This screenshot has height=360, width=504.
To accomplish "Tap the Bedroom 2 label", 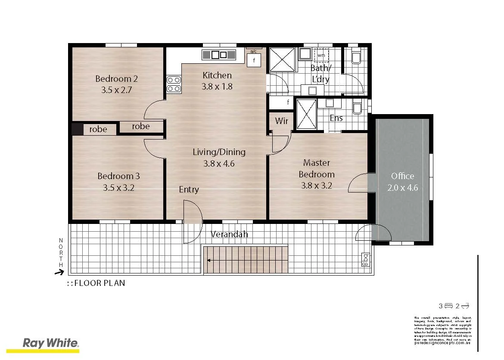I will [116, 79].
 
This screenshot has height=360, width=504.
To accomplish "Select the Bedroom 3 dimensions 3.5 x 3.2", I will [118, 188].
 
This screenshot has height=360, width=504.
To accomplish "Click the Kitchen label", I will [217, 75].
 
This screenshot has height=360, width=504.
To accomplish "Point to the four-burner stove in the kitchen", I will [174, 84].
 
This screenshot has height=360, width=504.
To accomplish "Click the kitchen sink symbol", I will [219, 55].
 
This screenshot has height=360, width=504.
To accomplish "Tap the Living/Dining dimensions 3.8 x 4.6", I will [219, 164].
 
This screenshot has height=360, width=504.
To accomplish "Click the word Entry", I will [189, 189].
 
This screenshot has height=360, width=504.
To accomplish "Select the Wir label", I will [281, 121].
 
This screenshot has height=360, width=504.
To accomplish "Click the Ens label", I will [336, 118].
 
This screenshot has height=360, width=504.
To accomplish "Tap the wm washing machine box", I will [321, 56].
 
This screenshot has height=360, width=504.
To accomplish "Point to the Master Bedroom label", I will [317, 168].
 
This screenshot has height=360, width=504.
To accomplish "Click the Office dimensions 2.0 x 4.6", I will [403, 188].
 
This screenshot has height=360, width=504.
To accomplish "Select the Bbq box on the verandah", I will [365, 260].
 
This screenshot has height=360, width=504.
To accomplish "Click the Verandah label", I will [229, 235].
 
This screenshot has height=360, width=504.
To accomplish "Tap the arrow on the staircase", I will [208, 260].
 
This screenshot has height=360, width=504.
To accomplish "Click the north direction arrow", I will [59, 272].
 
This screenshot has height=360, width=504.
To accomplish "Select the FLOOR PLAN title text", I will [100, 283].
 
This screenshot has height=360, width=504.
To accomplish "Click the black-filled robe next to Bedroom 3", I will [77, 129].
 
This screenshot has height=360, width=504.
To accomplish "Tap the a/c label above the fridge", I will [253, 52].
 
